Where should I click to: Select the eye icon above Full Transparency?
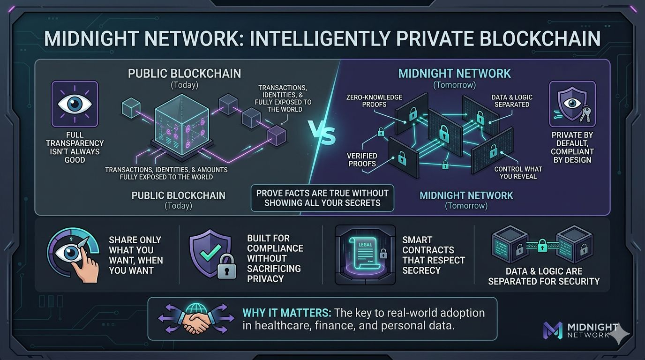[75, 104]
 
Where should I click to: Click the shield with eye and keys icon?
[572, 104]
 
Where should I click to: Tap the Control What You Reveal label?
[518, 172]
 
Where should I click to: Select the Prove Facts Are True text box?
[322, 198]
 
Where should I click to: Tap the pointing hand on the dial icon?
[86, 265]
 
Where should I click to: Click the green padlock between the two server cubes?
[541, 246]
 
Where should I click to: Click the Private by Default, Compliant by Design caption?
[572, 147]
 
